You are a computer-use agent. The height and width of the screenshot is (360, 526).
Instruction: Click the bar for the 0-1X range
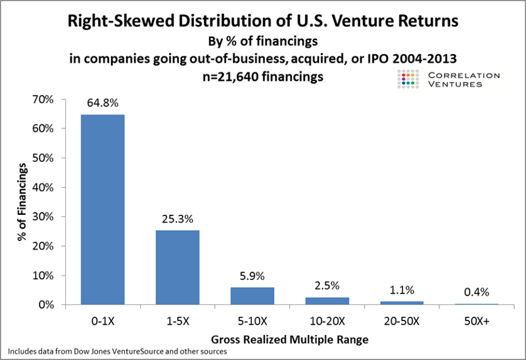tap(103, 210)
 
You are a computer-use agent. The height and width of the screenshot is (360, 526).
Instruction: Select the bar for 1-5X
tap(178, 267)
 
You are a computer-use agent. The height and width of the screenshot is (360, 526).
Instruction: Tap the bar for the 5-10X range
tap(252, 296)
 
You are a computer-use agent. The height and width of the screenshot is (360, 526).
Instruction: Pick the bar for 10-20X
tap(327, 301)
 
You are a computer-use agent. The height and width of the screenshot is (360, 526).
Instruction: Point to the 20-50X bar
tap(402, 303)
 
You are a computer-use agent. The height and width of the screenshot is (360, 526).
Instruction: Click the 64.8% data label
tap(103, 104)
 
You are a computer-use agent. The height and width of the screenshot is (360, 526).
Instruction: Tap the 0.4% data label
tap(477, 293)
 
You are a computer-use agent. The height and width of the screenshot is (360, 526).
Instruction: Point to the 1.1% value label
tap(402, 291)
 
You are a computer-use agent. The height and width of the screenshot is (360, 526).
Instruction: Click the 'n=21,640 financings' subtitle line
tap(262, 76)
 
